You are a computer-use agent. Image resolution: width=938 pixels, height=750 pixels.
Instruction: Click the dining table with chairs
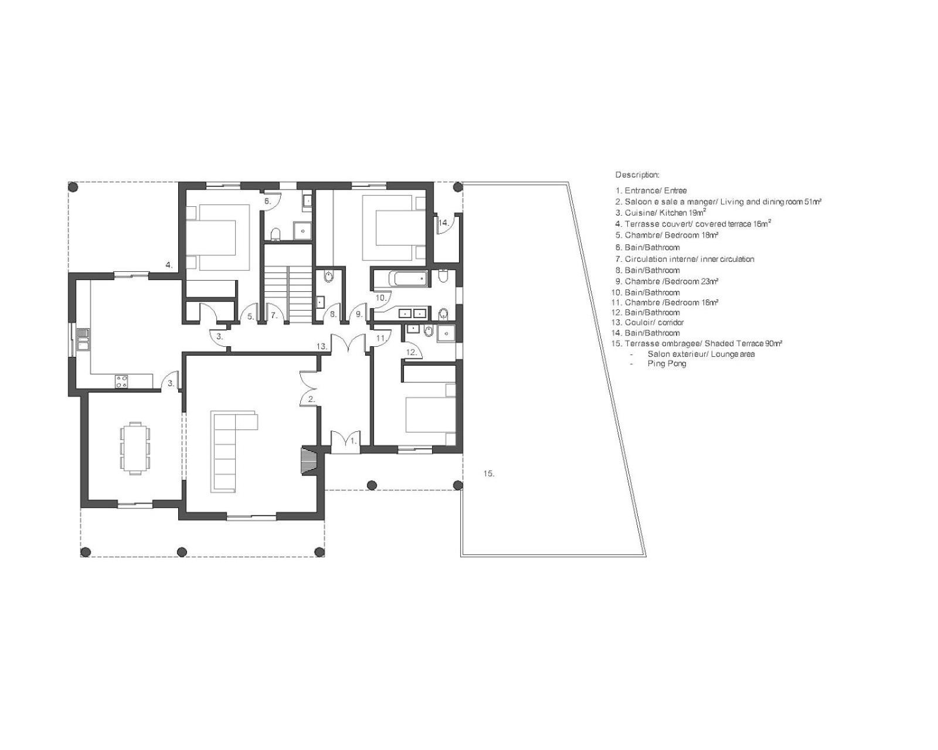[x=135, y=448]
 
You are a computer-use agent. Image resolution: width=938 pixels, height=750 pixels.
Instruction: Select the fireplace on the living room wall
[x=309, y=461]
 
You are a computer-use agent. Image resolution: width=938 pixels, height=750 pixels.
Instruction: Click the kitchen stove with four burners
[x=121, y=382]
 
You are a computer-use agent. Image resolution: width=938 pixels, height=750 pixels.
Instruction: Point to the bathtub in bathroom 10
[x=410, y=278]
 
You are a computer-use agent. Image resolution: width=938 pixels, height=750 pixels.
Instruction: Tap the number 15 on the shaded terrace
[x=488, y=473]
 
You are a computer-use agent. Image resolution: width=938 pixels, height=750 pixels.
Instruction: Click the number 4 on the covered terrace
[x=169, y=264]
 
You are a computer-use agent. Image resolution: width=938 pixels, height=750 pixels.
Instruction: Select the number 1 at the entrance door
[x=354, y=441]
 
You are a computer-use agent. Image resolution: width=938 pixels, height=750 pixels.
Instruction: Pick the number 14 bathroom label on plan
[x=443, y=223]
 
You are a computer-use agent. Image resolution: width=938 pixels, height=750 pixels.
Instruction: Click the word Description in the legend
[x=637, y=175]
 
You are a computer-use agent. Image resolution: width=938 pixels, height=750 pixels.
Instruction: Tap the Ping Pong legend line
[x=667, y=363]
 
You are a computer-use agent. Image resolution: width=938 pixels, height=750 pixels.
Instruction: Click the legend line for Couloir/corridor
[x=647, y=322]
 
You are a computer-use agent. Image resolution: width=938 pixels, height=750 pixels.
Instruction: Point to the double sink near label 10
[x=413, y=312]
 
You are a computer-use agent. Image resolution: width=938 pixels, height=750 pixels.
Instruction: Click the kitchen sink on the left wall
[x=83, y=340]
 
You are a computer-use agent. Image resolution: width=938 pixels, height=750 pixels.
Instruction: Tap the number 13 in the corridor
[x=322, y=346]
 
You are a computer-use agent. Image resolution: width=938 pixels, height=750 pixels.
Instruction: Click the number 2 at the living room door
[x=311, y=399]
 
